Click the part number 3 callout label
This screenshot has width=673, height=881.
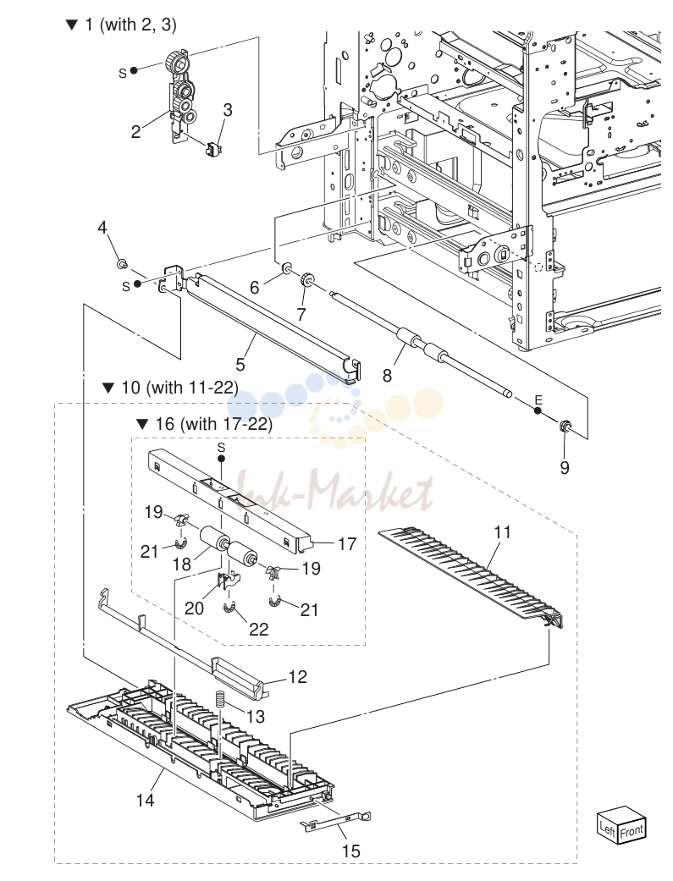(227, 110)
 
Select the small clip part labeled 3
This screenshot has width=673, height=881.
(212, 150)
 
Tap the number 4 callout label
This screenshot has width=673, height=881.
(102, 228)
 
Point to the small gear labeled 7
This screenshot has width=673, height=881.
(306, 278)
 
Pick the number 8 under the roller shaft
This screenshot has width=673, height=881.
(387, 375)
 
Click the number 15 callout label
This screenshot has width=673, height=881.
(350, 851)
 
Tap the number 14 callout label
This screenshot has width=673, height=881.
(145, 800)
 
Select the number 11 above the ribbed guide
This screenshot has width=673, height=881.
(502, 531)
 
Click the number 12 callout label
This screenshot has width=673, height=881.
(297, 676)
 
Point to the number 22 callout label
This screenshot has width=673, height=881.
(259, 629)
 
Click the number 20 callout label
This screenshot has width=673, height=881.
(195, 608)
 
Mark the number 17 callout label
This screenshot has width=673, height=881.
(347, 544)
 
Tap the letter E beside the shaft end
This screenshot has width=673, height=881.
(538, 400)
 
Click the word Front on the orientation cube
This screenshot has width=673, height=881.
(632, 831)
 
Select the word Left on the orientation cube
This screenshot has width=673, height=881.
(608, 828)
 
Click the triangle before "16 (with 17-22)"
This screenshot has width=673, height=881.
(142, 424)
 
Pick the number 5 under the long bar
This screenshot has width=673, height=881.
(240, 365)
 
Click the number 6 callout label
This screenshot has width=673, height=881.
(255, 288)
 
